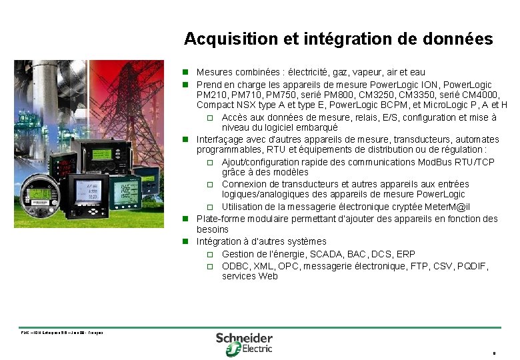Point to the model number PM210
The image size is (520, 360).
point(211,95)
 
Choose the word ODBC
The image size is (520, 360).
point(235,266)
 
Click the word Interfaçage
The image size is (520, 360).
point(221,139)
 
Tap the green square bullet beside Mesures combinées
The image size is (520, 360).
point(188,72)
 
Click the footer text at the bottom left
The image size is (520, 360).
point(61,332)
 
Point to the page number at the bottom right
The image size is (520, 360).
point(493,353)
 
